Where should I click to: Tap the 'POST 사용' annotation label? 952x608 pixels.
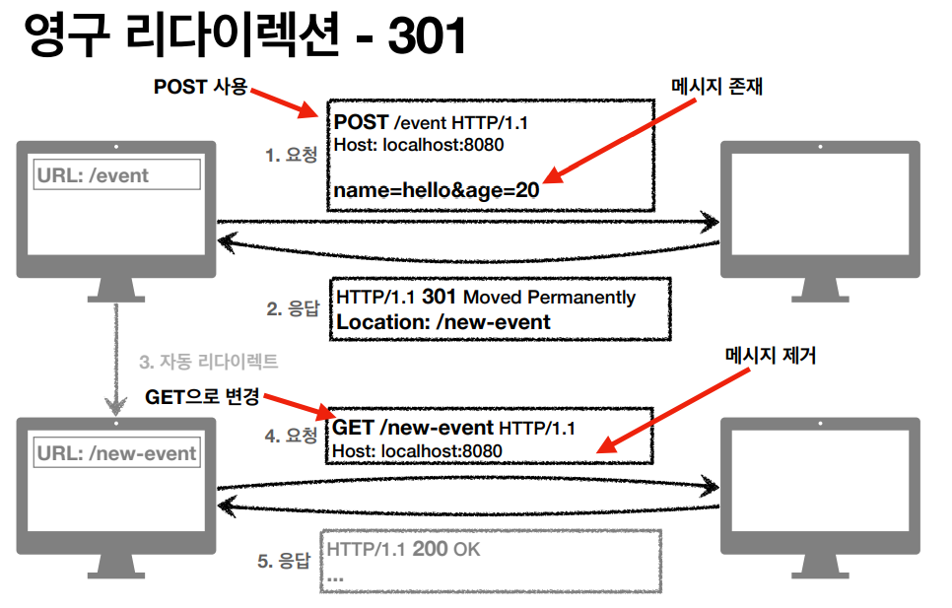[200, 87]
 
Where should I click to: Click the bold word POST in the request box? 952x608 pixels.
[361, 122]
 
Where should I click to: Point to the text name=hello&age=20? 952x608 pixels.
[436, 190]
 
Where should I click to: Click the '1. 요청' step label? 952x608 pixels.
[291, 155]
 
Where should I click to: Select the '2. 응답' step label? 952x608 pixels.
[293, 309]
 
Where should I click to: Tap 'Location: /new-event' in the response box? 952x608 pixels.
[443, 321]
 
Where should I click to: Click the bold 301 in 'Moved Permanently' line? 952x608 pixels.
[440, 297]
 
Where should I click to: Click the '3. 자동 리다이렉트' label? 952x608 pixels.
[208, 362]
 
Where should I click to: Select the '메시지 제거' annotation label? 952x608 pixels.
[771, 355]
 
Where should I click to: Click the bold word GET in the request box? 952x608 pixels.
[354, 428]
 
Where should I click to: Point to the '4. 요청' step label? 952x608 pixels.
[291, 435]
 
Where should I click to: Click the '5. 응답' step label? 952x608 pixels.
[284, 562]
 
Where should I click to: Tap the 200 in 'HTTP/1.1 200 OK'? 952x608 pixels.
[431, 549]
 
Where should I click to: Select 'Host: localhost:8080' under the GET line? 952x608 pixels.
[418, 451]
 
